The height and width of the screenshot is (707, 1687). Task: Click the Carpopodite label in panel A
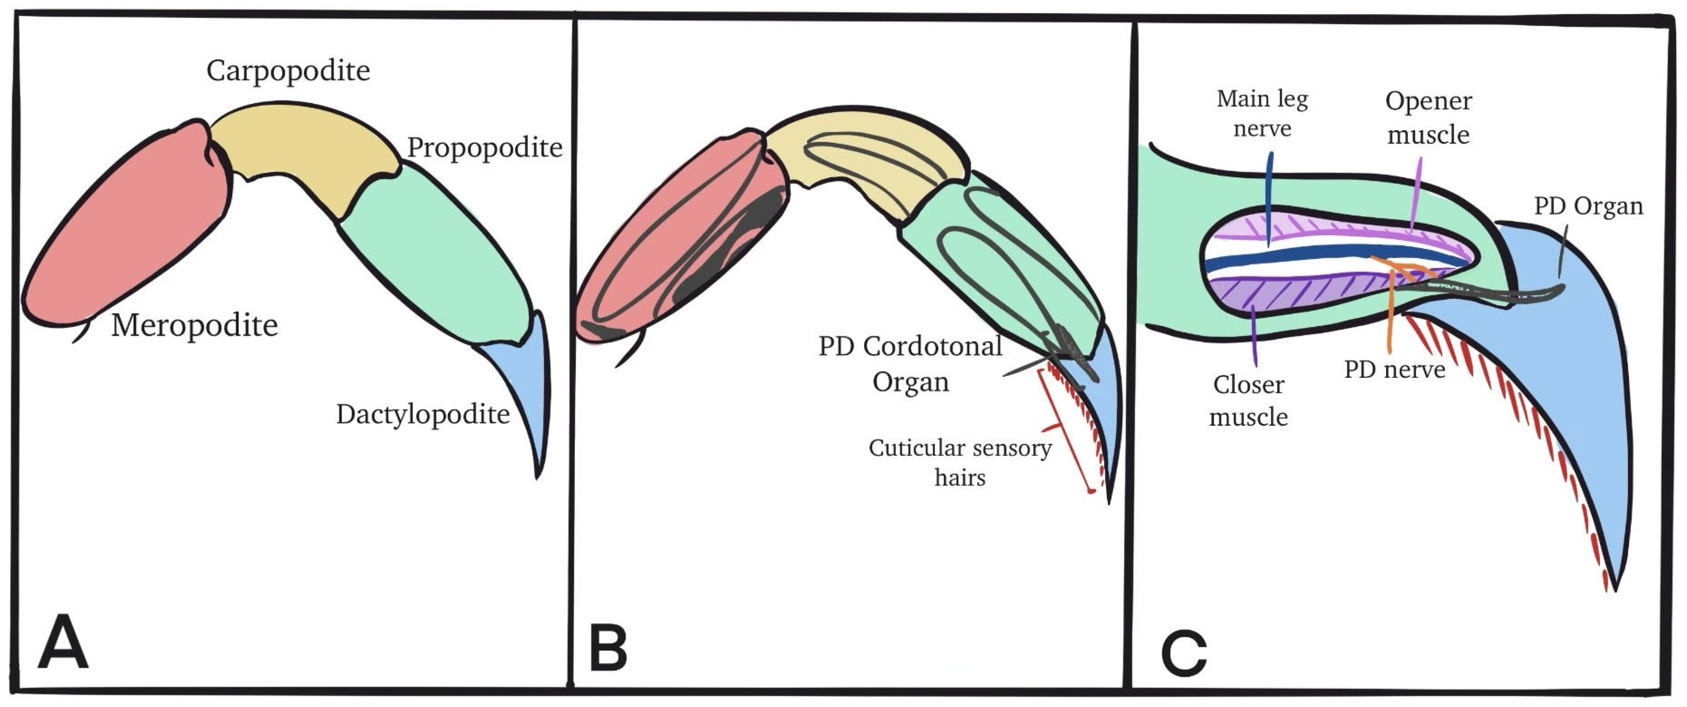pyautogui.click(x=288, y=71)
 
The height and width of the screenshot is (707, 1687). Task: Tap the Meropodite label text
pyautogui.click(x=194, y=325)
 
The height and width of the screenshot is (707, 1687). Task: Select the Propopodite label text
pyautogui.click(x=485, y=148)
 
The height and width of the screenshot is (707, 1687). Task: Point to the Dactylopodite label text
pyautogui.click(x=423, y=415)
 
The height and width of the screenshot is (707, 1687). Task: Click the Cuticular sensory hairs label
pyautogui.click(x=960, y=462)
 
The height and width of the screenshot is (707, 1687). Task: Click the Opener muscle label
pyautogui.click(x=1429, y=118)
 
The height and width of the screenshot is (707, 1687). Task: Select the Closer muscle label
pyautogui.click(x=1248, y=400)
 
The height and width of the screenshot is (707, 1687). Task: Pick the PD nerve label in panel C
pyautogui.click(x=1394, y=370)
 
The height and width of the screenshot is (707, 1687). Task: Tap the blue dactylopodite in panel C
pyautogui.click(x=1572, y=393)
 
